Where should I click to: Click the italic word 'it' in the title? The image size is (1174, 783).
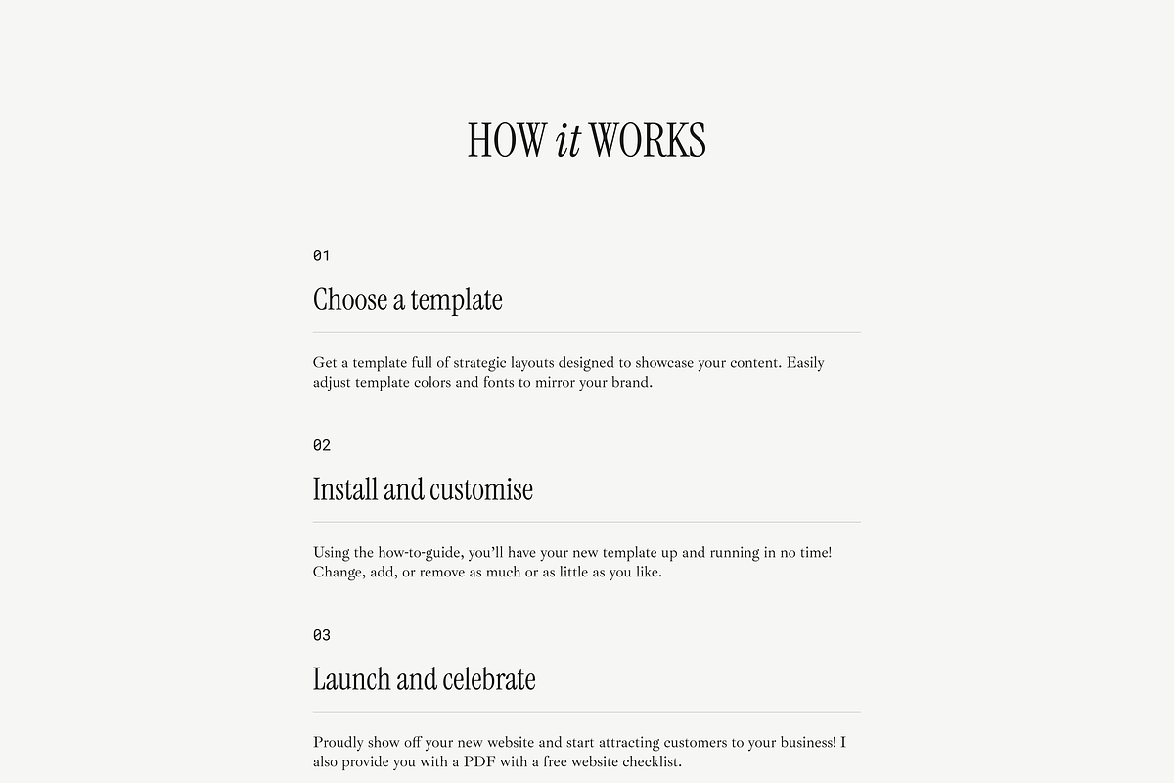point(567,140)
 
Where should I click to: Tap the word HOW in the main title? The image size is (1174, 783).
point(506,140)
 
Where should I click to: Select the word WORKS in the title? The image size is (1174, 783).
point(648,140)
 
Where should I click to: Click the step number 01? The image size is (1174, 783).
point(321,255)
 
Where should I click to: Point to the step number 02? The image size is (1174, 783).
point(322,445)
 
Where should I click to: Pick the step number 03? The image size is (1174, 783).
point(322,635)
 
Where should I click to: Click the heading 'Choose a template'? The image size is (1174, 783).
point(408,299)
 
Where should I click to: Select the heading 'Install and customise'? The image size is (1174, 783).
point(423,489)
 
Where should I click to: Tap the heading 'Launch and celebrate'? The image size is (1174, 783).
point(424,679)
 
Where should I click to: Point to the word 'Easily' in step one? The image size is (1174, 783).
point(805,363)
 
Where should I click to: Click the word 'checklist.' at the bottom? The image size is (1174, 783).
point(648,762)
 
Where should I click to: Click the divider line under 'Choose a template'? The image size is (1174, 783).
point(587,332)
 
